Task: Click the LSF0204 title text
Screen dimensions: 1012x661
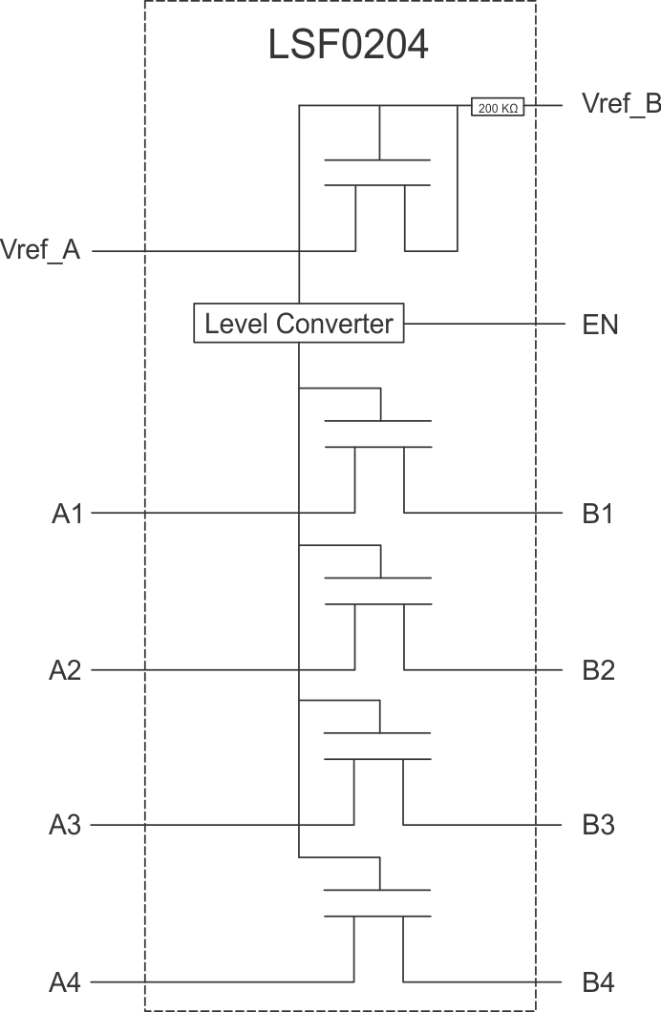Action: [x=348, y=47]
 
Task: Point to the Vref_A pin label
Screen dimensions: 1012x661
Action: [x=41, y=252]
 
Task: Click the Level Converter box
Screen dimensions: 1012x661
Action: [x=299, y=324]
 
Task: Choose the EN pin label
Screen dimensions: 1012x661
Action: [x=600, y=325]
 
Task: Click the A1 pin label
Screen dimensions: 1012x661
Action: [x=68, y=515]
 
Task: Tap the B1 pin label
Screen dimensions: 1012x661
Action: [x=598, y=515]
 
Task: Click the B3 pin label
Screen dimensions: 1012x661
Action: [x=598, y=825]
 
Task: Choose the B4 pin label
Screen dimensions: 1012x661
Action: [x=598, y=981]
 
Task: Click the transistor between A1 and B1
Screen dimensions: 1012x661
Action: [x=379, y=433]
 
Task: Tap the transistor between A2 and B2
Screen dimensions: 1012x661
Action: [x=379, y=590]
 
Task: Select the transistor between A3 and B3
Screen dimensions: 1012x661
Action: [x=379, y=746]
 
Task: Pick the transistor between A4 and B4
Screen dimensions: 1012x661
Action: [x=379, y=903]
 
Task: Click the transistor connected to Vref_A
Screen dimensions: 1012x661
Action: [x=379, y=172]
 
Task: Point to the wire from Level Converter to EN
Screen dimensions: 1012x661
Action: [x=482, y=324]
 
